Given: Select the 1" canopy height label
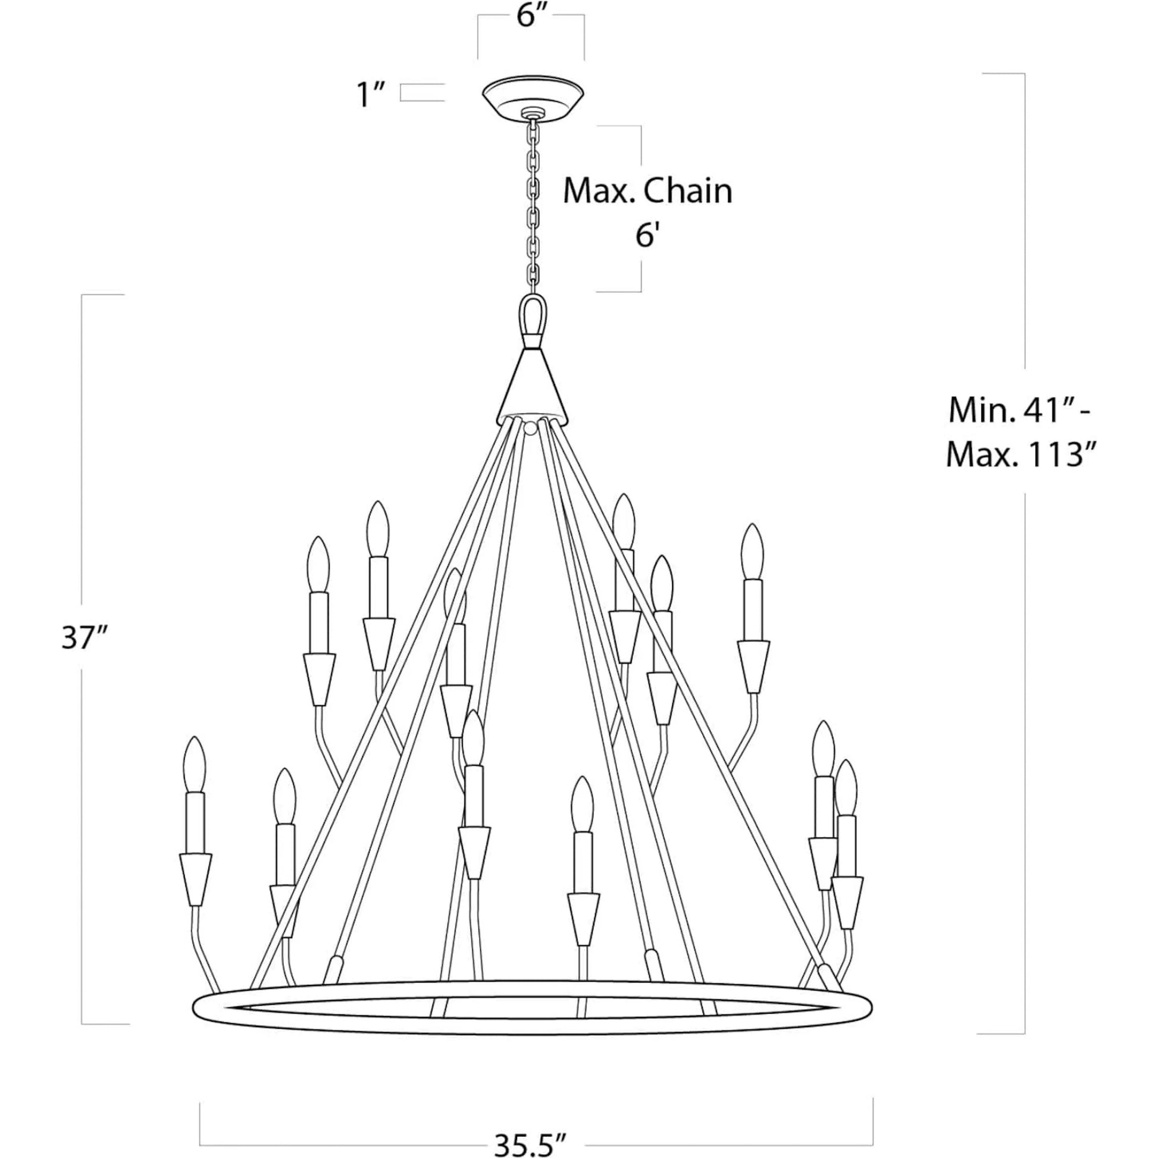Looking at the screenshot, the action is coord(371,95).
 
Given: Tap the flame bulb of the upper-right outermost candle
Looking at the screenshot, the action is coord(752,552).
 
